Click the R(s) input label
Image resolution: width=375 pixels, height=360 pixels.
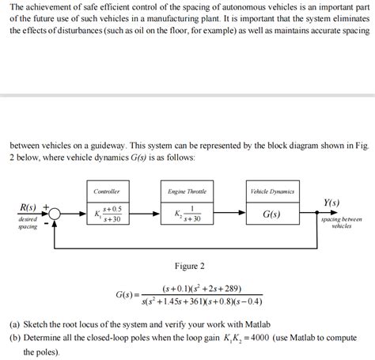(x=28, y=207)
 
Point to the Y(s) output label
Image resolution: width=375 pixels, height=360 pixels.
(x=332, y=203)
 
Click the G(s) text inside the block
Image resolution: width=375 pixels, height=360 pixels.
(x=271, y=214)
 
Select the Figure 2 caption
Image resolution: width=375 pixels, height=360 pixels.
(x=189, y=266)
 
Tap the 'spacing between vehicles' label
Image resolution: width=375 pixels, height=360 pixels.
(x=341, y=222)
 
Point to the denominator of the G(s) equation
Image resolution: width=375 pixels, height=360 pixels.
(x=202, y=301)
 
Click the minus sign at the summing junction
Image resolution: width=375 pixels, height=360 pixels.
(x=47, y=223)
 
